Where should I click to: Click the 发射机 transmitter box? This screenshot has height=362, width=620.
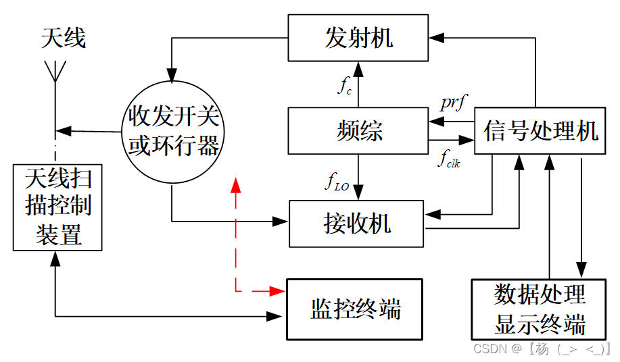(x=358, y=38)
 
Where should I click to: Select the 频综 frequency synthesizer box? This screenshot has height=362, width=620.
(x=358, y=130)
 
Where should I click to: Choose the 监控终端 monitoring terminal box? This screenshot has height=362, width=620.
(x=354, y=309)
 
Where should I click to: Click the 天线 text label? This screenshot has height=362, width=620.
(x=63, y=38)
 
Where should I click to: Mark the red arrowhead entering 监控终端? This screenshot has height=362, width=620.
(x=278, y=291)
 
